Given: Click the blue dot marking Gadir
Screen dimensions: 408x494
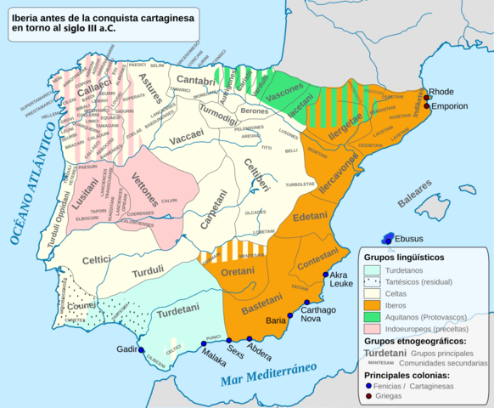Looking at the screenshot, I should (141, 350).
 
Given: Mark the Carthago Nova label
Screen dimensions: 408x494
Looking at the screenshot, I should (319, 314).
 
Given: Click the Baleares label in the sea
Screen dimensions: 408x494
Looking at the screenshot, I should (416, 197).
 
